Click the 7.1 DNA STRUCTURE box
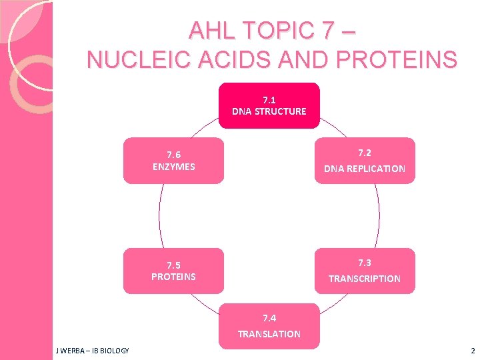(x=269, y=105)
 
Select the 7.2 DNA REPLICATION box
(x=365, y=161)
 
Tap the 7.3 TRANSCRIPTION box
(x=365, y=271)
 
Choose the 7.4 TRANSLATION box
(x=269, y=326)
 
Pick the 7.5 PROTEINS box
(x=173, y=271)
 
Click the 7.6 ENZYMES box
(x=173, y=161)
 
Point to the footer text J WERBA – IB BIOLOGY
(x=93, y=351)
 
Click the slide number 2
(x=472, y=351)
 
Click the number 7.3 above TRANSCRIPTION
(x=365, y=262)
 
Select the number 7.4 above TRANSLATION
(x=269, y=317)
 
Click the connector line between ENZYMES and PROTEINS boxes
(x=159, y=215)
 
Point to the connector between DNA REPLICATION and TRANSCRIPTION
(x=379, y=215)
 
